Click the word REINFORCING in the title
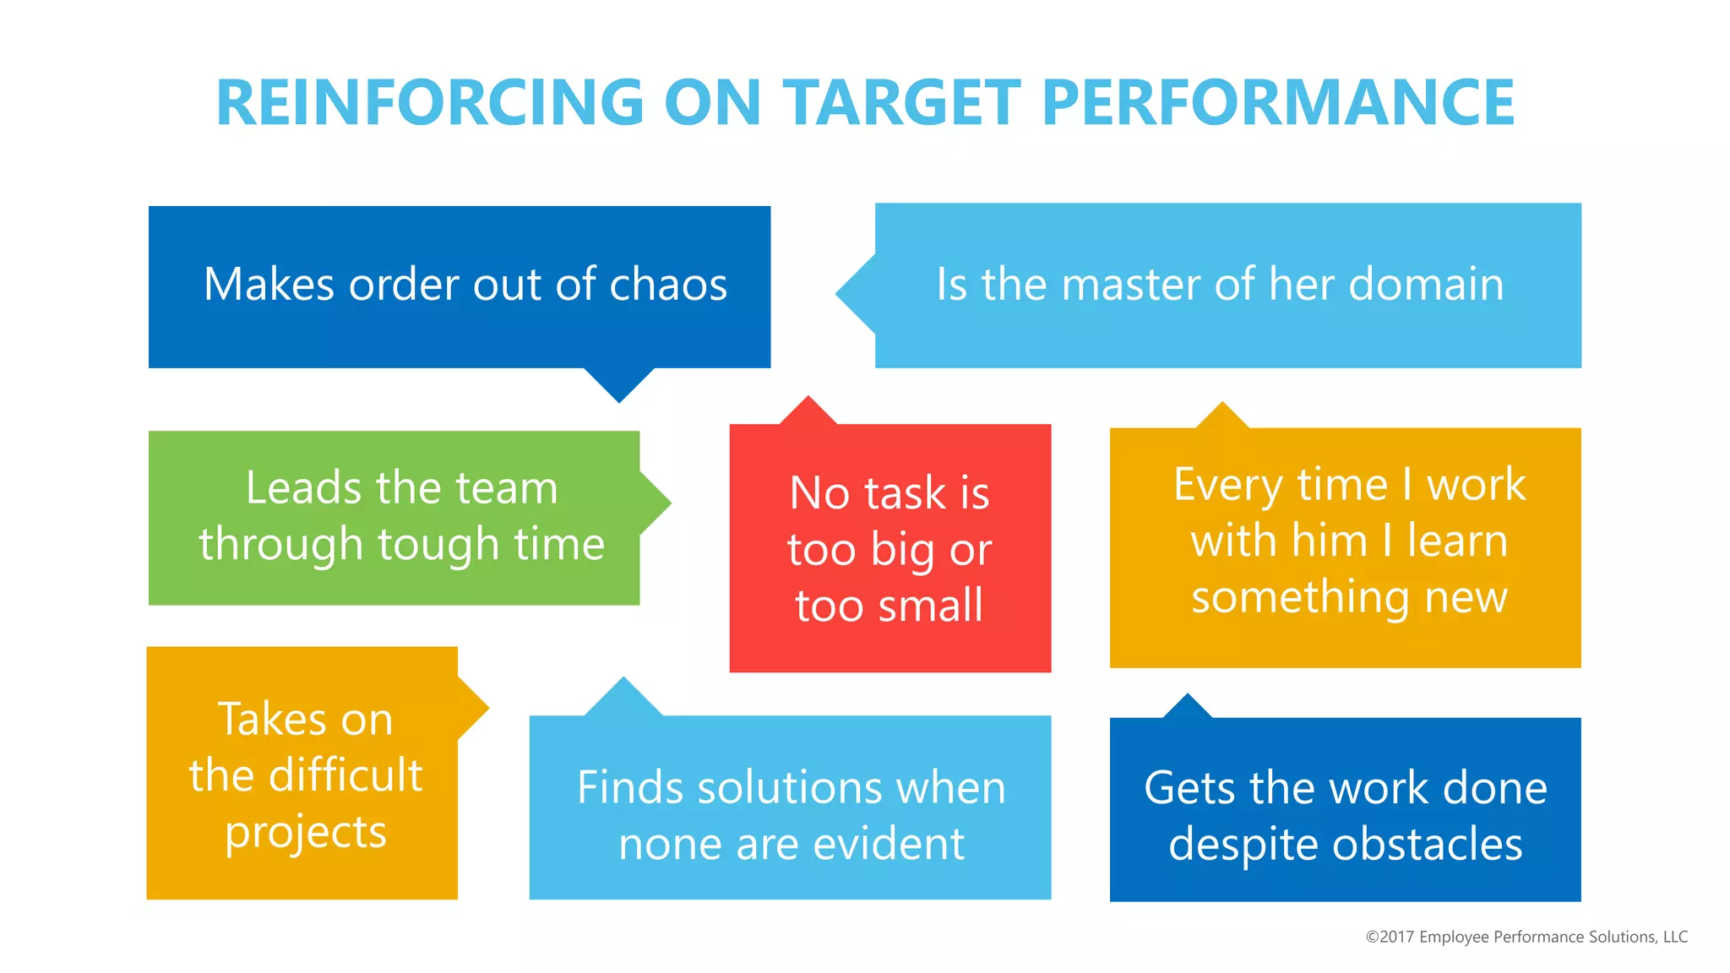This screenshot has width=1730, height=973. point(430,103)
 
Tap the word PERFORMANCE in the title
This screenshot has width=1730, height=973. point(1278,103)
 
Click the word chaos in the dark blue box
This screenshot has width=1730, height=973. point(668,285)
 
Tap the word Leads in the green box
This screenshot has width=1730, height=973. point(304,488)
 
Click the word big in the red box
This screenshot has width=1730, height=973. point(903,552)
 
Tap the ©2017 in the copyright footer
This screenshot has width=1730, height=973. point(1390,937)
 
